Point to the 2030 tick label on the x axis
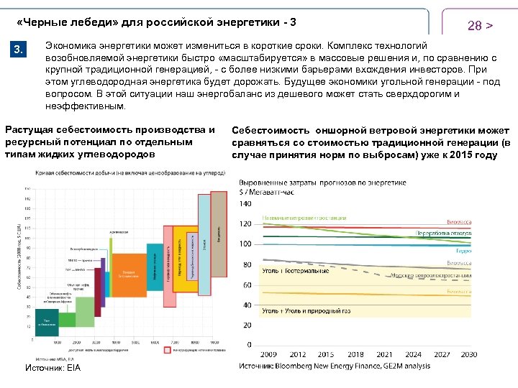point(468,355)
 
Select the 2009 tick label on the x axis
point(268,355)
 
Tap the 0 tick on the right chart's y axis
point(249,346)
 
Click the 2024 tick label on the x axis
point(412,355)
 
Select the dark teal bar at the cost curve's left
point(47,321)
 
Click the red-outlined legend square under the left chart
point(166,350)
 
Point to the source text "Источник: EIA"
point(53,368)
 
